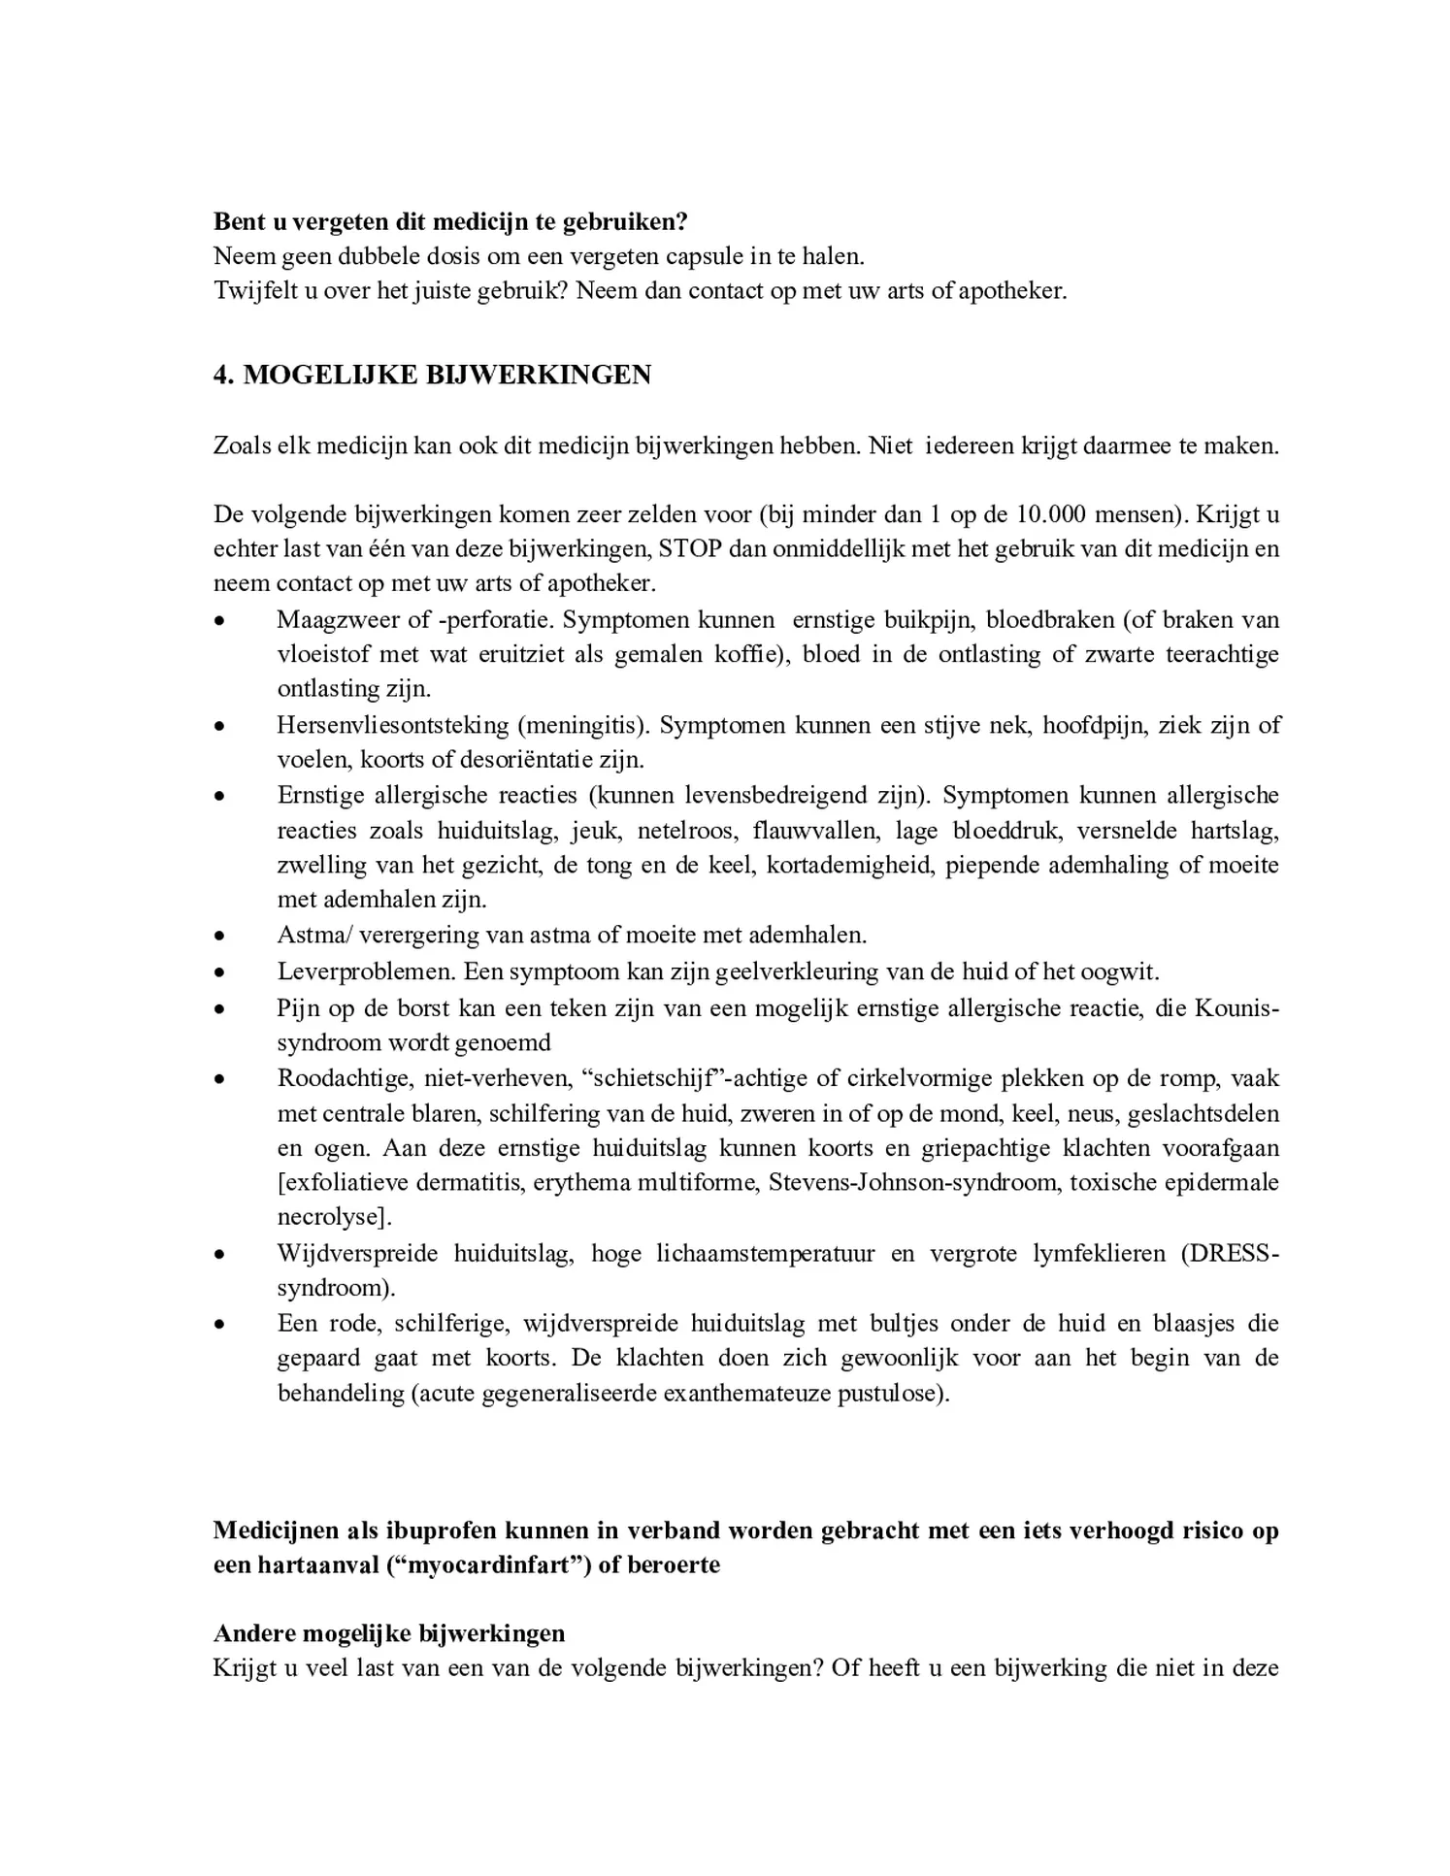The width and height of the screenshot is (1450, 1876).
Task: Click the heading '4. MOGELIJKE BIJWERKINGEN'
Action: pyautogui.click(x=432, y=375)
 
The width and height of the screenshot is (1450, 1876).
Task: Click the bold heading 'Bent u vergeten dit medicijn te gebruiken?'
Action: pyautogui.click(x=450, y=221)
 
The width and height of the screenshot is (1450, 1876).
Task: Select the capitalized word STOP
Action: pyautogui.click(x=690, y=548)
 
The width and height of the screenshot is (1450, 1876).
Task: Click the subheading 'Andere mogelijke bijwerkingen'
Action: pyautogui.click(x=389, y=1633)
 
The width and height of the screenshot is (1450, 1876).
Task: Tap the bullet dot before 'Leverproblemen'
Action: pyautogui.click(x=221, y=972)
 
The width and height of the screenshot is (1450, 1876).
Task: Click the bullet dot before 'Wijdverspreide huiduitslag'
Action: pyautogui.click(x=221, y=1254)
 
